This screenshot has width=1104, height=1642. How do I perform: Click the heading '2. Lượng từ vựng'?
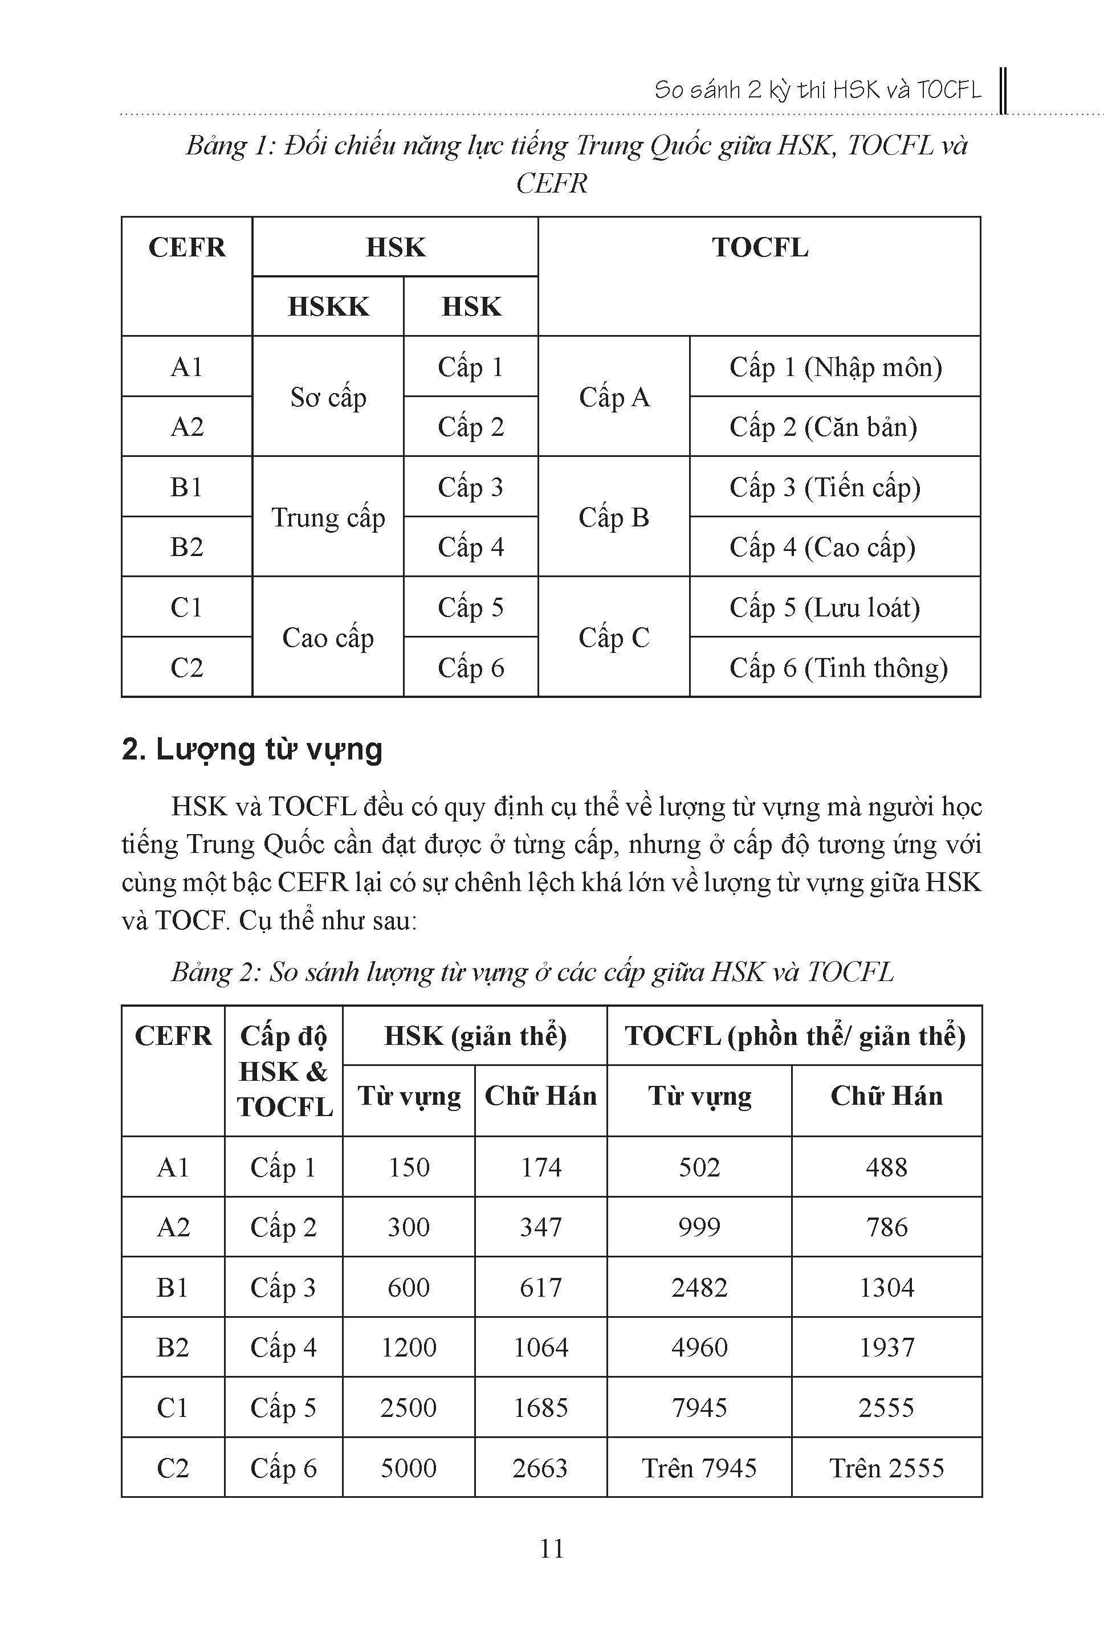[251, 750]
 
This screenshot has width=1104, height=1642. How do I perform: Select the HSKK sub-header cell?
[328, 307]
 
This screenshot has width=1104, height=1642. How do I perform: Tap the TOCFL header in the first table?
[760, 248]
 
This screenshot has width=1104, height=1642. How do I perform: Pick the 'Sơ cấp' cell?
[328, 398]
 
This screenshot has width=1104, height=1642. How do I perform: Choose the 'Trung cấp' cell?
[328, 518]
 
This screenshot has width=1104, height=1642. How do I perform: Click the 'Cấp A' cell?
[614, 398]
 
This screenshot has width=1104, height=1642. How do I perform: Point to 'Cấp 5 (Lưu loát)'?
[825, 607]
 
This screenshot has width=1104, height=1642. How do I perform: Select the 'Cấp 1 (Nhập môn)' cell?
[836, 367]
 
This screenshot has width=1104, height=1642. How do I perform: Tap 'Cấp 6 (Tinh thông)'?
[838, 668]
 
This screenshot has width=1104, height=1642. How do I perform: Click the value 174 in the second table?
[541, 1167]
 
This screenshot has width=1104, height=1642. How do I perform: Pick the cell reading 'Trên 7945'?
[699, 1468]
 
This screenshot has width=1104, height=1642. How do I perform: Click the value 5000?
[408, 1468]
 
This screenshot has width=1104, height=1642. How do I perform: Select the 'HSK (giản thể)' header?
[475, 1036]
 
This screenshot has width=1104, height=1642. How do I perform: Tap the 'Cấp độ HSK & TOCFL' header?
[284, 1071]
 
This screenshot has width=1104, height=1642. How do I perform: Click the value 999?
[699, 1227]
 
